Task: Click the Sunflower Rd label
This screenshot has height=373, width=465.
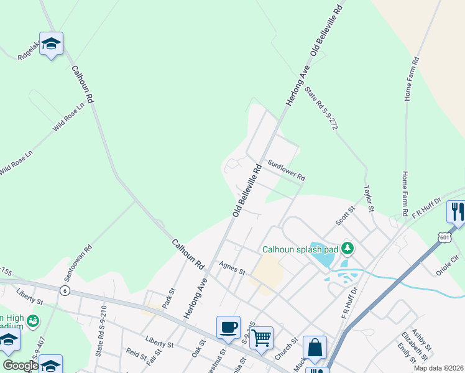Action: tap(287, 170)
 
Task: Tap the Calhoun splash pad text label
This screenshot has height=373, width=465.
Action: tap(300, 249)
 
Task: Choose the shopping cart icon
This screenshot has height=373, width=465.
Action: tap(262, 337)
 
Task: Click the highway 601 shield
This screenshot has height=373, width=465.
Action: tap(444, 237)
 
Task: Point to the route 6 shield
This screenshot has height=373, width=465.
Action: tap(64, 290)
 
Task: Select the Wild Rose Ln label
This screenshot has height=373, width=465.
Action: tap(68, 117)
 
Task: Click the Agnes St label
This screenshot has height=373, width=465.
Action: tap(233, 269)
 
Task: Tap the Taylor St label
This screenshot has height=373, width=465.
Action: tap(368, 198)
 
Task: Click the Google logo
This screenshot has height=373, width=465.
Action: tap(20, 366)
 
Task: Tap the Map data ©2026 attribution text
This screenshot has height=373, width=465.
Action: tap(438, 368)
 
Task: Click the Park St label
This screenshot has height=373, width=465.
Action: tap(168, 297)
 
